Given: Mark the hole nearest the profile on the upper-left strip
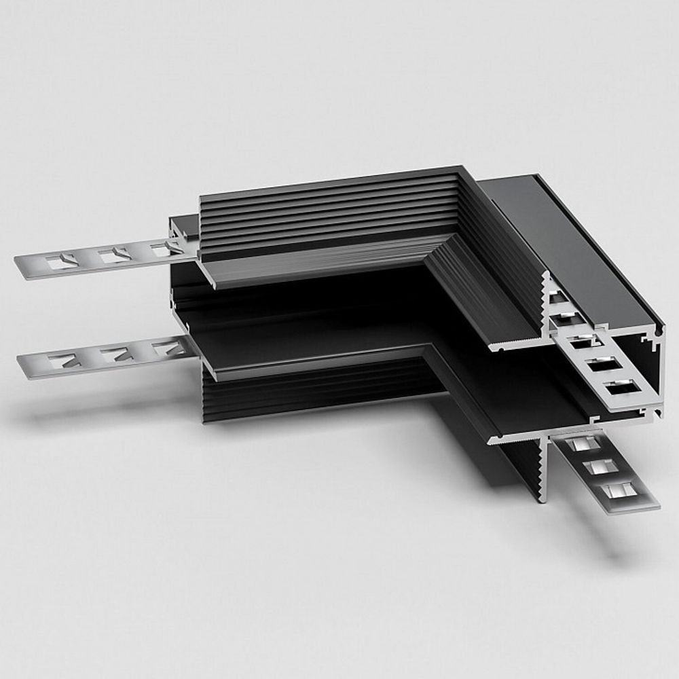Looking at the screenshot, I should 163,249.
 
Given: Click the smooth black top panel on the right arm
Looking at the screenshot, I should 577,244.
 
